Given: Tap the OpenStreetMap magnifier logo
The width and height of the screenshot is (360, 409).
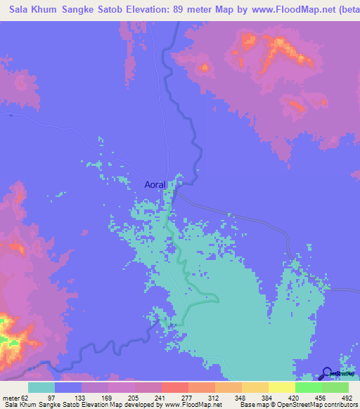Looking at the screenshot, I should pyautogui.click(x=328, y=373).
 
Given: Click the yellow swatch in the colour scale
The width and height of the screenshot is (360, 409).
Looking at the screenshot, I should pyautogui.click(x=281, y=387).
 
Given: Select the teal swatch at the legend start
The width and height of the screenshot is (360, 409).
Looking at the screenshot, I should pyautogui.click(x=41, y=387).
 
